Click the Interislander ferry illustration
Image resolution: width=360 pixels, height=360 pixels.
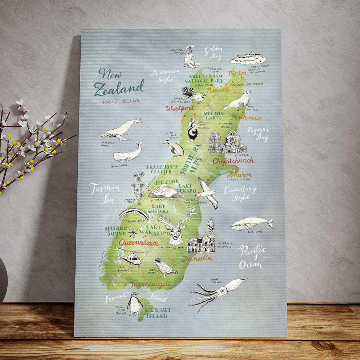(248, 58)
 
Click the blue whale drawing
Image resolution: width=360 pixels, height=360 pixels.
(251, 223)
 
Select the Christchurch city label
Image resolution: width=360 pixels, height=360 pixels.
(233, 161)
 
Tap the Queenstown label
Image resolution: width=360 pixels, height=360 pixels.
(139, 243)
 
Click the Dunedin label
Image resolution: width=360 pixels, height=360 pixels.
(197, 258)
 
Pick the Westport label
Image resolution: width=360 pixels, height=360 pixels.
(180, 108)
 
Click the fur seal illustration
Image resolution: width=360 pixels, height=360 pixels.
(238, 101)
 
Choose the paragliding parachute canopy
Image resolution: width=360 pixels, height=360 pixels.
(134, 214)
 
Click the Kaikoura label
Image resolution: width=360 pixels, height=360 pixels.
(247, 117)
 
